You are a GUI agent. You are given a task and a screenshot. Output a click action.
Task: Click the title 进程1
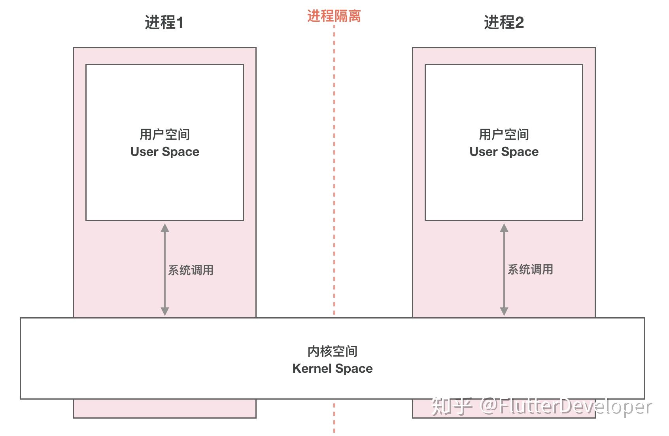[164, 23]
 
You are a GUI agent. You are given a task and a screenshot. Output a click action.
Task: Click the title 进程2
[504, 23]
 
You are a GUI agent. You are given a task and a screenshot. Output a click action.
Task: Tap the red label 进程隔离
[334, 16]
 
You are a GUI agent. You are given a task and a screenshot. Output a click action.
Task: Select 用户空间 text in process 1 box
[165, 135]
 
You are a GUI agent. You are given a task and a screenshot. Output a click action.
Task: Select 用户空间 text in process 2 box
[504, 135]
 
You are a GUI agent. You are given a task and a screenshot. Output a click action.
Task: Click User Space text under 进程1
[165, 152]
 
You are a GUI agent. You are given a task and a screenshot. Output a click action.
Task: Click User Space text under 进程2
[504, 152]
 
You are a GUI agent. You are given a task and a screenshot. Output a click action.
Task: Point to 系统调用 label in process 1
[191, 270]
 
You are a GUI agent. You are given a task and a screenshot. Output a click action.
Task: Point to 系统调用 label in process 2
[530, 269]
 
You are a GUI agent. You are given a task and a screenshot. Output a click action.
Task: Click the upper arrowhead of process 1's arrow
[165, 228]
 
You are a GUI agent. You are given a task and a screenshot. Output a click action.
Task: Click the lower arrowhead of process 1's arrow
[165, 311]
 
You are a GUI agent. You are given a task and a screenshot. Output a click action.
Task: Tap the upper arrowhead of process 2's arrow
[504, 228]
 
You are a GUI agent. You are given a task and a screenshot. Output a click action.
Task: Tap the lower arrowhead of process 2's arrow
[504, 311]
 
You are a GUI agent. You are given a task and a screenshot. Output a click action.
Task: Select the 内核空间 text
[333, 351]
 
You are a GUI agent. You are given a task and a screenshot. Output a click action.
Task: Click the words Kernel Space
[333, 369]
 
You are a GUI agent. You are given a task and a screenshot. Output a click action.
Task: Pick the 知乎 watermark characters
[452, 406]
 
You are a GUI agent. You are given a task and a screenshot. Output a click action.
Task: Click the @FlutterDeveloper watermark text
[566, 407]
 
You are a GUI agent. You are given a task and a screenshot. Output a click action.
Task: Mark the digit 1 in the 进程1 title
[180, 23]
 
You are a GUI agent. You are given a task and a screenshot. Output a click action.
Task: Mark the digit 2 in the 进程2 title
[520, 23]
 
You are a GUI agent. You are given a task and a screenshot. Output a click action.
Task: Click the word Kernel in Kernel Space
[312, 369]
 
